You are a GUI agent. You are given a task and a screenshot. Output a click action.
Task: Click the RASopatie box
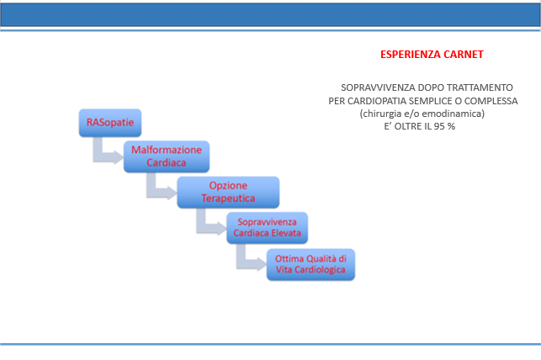[110, 123]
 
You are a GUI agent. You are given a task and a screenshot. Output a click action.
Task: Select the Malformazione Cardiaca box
[167, 156]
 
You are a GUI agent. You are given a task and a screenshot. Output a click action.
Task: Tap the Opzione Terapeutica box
[228, 193]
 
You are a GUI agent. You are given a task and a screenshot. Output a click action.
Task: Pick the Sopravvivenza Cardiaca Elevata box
[267, 228]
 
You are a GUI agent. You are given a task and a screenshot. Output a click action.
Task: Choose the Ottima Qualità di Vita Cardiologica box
[310, 264]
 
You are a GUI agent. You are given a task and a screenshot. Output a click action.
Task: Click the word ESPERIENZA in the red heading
[411, 55]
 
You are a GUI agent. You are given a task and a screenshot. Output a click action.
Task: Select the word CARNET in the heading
[464, 55]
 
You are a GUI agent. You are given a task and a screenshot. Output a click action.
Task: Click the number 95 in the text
[439, 126]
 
